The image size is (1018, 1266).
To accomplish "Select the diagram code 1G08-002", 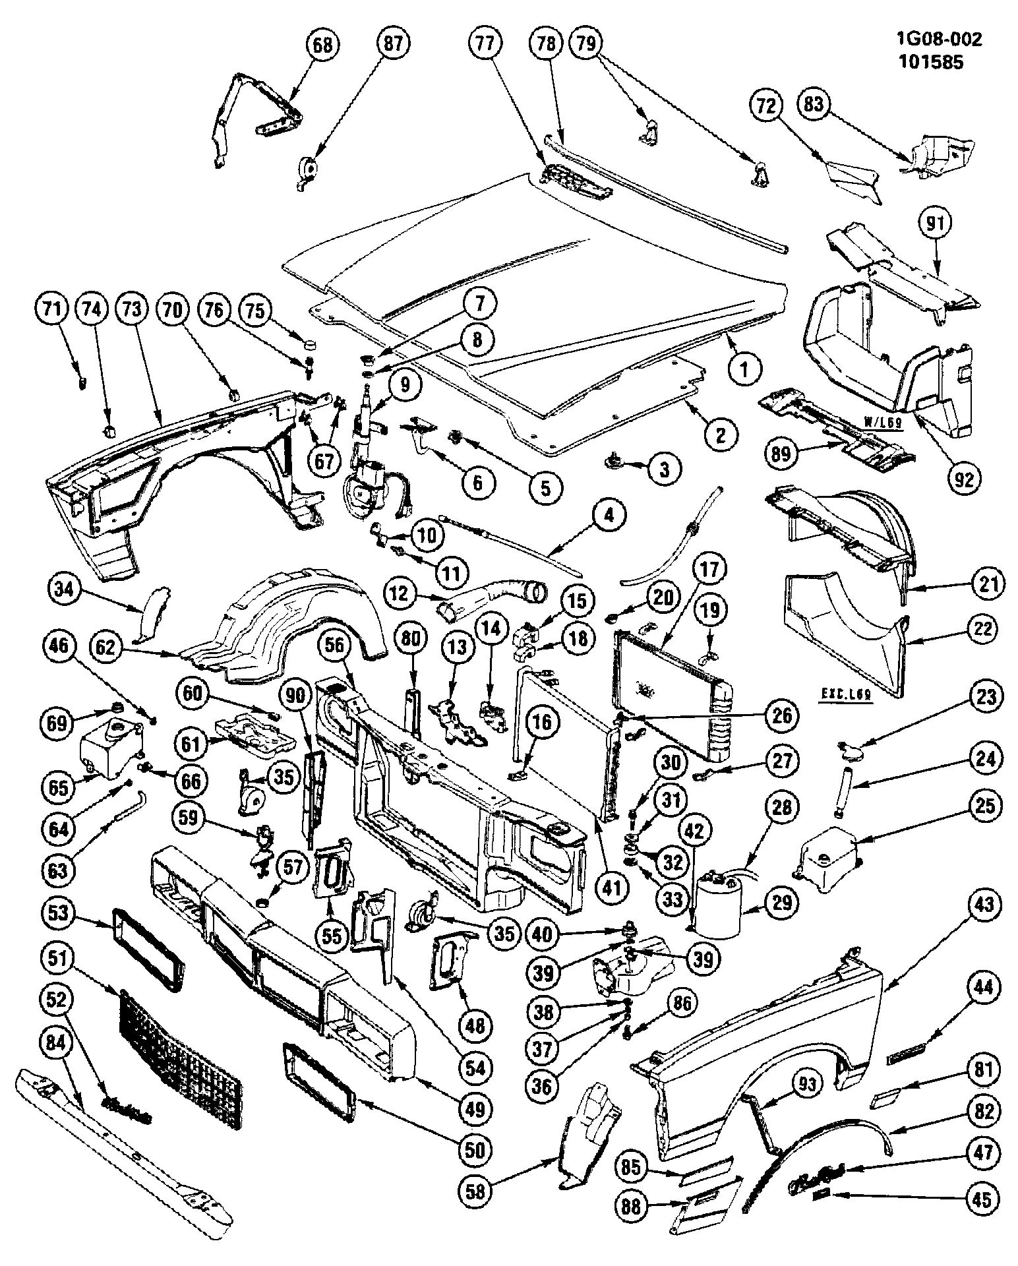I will pyautogui.click(x=939, y=40).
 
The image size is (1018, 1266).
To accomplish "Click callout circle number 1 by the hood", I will pyautogui.click(x=744, y=370).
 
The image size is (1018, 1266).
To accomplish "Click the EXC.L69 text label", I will pyautogui.click(x=847, y=695).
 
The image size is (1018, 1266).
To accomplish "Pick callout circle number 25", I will pyautogui.click(x=985, y=806).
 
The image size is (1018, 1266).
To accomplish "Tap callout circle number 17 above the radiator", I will pyautogui.click(x=709, y=569).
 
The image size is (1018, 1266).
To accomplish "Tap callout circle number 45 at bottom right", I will pyautogui.click(x=981, y=1199).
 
